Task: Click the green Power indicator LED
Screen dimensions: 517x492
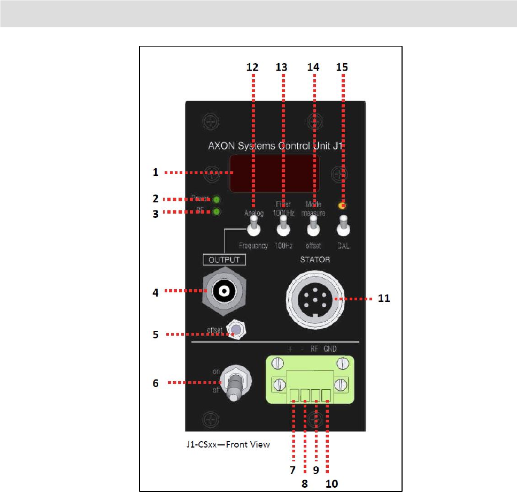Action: click(217, 199)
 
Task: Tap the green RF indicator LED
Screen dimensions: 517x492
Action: click(217, 211)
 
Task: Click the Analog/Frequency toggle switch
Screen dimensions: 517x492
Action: click(253, 230)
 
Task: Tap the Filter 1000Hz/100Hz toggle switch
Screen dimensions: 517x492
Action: click(282, 230)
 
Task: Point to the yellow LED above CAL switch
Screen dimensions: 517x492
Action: click(342, 206)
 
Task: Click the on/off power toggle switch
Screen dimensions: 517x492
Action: click(234, 383)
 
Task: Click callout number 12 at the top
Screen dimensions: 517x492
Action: click(252, 67)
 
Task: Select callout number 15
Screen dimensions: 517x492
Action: click(342, 67)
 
